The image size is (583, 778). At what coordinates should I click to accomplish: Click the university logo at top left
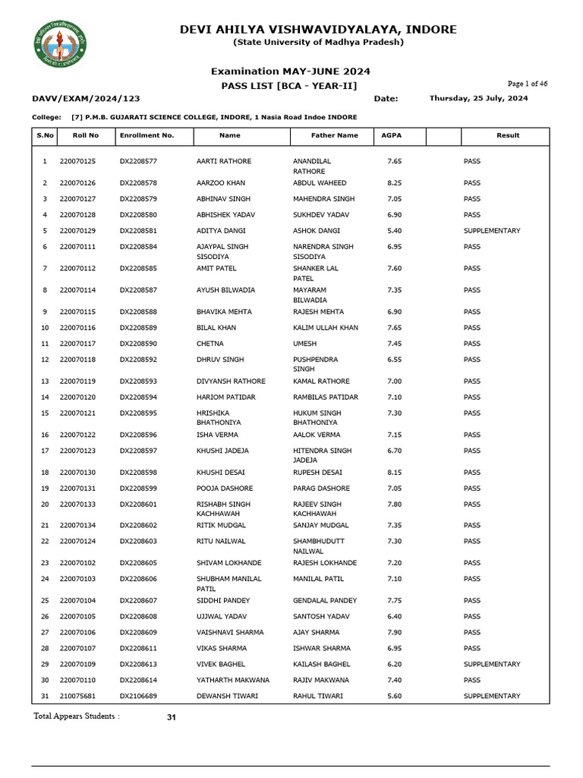(59, 43)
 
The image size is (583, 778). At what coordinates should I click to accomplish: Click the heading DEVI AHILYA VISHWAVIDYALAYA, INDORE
(318, 30)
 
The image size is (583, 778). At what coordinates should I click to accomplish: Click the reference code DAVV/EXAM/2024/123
(86, 99)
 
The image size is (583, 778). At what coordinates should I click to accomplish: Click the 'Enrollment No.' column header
(147, 135)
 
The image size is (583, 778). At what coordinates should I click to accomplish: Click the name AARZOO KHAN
(221, 183)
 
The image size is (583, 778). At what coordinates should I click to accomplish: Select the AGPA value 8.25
(394, 183)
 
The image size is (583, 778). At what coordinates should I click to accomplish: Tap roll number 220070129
(77, 230)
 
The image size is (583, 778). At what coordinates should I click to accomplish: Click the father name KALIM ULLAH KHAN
(326, 327)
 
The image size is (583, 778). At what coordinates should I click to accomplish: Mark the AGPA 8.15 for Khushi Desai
(394, 473)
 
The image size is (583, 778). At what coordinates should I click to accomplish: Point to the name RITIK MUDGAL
(221, 525)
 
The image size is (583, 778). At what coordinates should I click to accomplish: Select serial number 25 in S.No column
(44, 600)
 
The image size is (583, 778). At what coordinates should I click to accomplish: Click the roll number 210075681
(77, 696)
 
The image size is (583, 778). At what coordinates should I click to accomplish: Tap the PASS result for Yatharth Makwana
(471, 680)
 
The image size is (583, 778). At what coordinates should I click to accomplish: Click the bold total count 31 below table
(171, 717)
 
